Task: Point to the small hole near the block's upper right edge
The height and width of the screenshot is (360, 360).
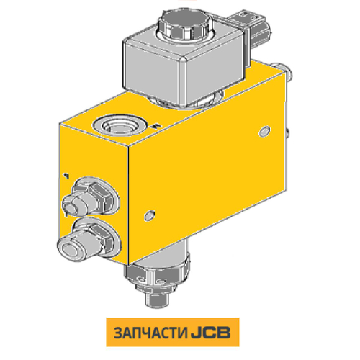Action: pyautogui.click(x=264, y=132)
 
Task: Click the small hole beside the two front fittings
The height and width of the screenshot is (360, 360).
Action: pyautogui.click(x=149, y=213)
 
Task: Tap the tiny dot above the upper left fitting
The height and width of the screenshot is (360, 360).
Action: pyautogui.click(x=66, y=175)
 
